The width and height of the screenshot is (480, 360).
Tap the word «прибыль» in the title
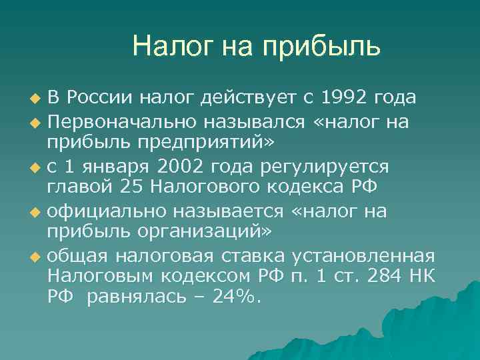click(323, 46)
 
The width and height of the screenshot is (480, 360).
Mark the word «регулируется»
click(335, 166)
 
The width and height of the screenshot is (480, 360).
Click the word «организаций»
click(210, 232)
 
